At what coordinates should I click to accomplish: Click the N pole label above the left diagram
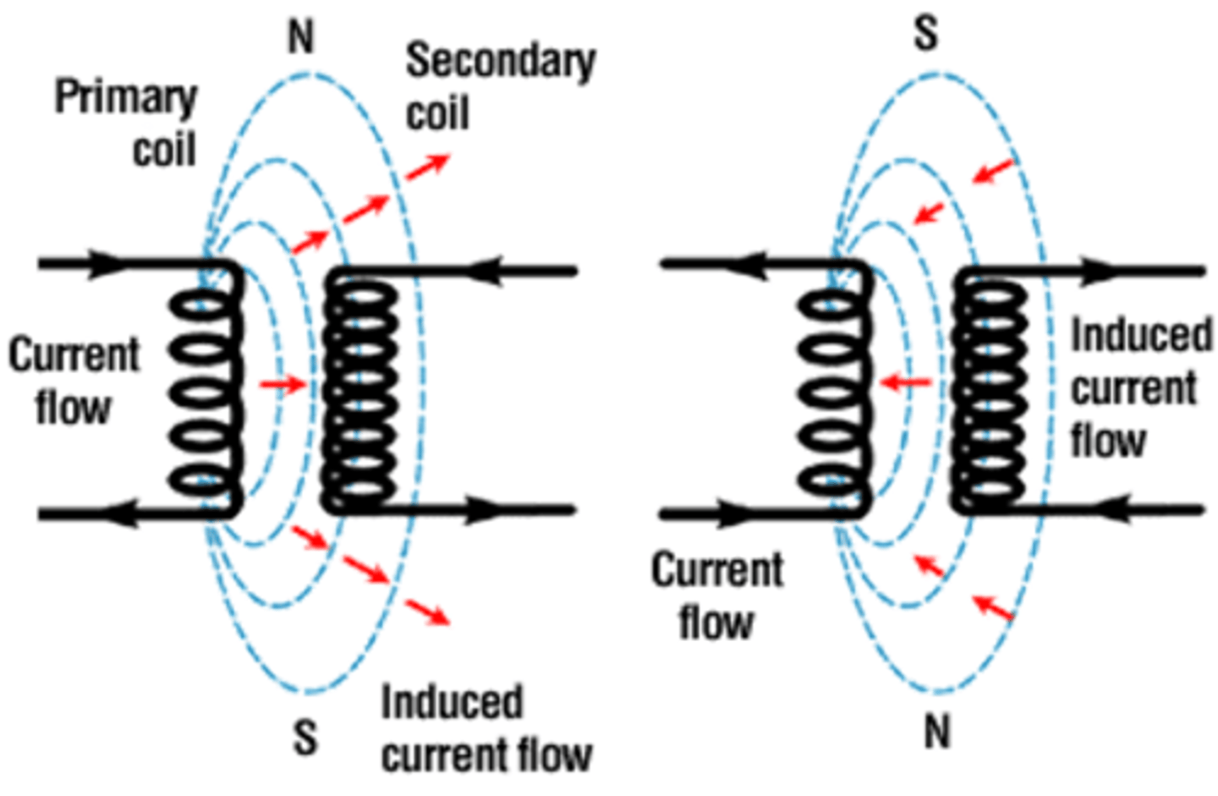(x=301, y=38)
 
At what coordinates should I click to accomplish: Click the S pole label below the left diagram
(x=304, y=737)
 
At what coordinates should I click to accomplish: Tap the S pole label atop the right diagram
(x=926, y=35)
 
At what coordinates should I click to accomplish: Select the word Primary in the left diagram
(x=125, y=97)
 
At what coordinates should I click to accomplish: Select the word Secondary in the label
(x=501, y=62)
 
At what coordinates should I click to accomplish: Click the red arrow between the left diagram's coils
(x=283, y=385)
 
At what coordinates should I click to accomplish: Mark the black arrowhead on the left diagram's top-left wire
(x=106, y=263)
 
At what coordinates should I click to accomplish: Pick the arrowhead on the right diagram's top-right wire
(x=1100, y=272)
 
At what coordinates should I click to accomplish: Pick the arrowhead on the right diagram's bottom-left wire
(x=727, y=513)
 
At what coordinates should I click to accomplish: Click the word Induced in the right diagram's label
(x=1141, y=335)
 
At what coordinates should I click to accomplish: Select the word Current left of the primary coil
(x=74, y=354)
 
